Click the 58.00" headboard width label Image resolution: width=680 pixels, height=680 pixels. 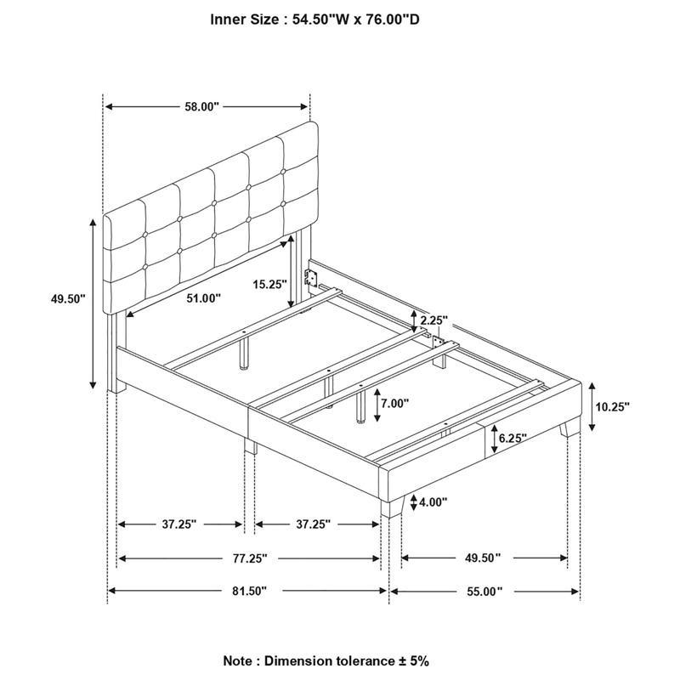(201, 107)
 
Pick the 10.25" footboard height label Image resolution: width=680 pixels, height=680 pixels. (612, 407)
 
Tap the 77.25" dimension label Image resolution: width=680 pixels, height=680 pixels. (248, 558)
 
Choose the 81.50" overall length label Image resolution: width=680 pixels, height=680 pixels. (248, 590)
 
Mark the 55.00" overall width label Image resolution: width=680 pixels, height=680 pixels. (484, 590)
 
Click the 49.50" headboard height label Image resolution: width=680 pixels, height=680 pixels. (68, 299)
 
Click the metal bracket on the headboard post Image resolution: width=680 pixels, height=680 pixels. (311, 276)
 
